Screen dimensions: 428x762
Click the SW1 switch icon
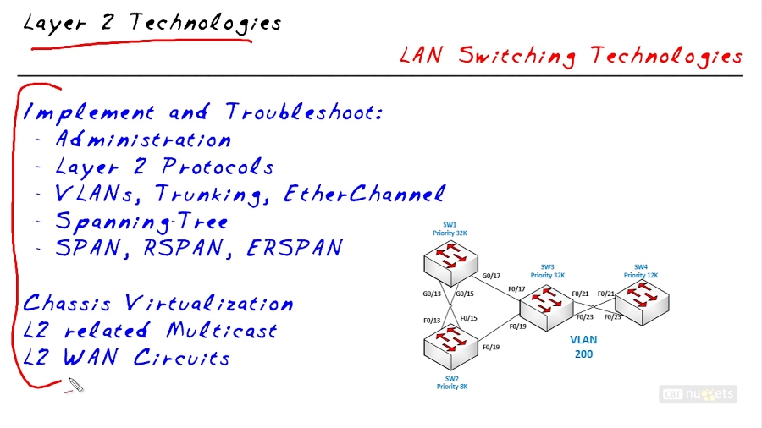(x=450, y=261)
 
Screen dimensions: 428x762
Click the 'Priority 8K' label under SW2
(x=451, y=387)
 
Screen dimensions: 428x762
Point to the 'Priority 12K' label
(x=641, y=275)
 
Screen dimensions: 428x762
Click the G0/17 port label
(x=491, y=276)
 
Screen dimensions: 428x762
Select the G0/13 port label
(x=432, y=294)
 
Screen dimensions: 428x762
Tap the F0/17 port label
(x=516, y=289)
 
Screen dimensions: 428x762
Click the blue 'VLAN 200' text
(x=583, y=347)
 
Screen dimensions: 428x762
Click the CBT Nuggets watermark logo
(x=698, y=394)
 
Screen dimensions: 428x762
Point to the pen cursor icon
(x=75, y=387)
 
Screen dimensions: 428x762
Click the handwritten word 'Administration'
(x=142, y=140)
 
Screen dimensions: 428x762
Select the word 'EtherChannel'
(x=364, y=194)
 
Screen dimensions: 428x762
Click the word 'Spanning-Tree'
(x=141, y=222)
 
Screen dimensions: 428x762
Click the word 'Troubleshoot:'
(x=303, y=112)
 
